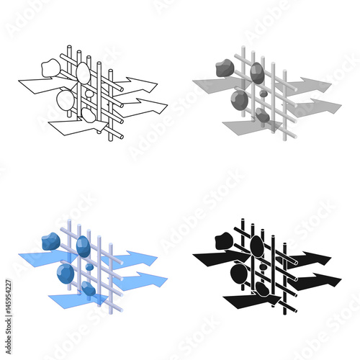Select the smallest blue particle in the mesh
pos(89,266)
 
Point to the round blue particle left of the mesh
pos(65,272)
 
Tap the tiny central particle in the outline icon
pos(89,94)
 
